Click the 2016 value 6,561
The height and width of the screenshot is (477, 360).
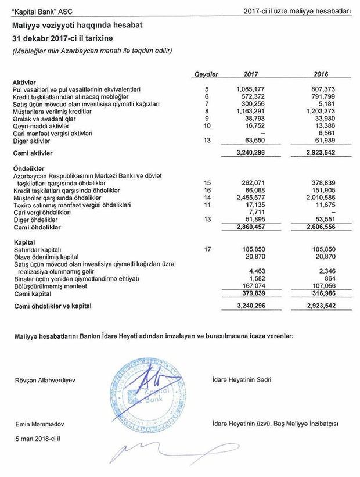coord(323,131)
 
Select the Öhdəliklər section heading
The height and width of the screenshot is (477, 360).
coord(29,168)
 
